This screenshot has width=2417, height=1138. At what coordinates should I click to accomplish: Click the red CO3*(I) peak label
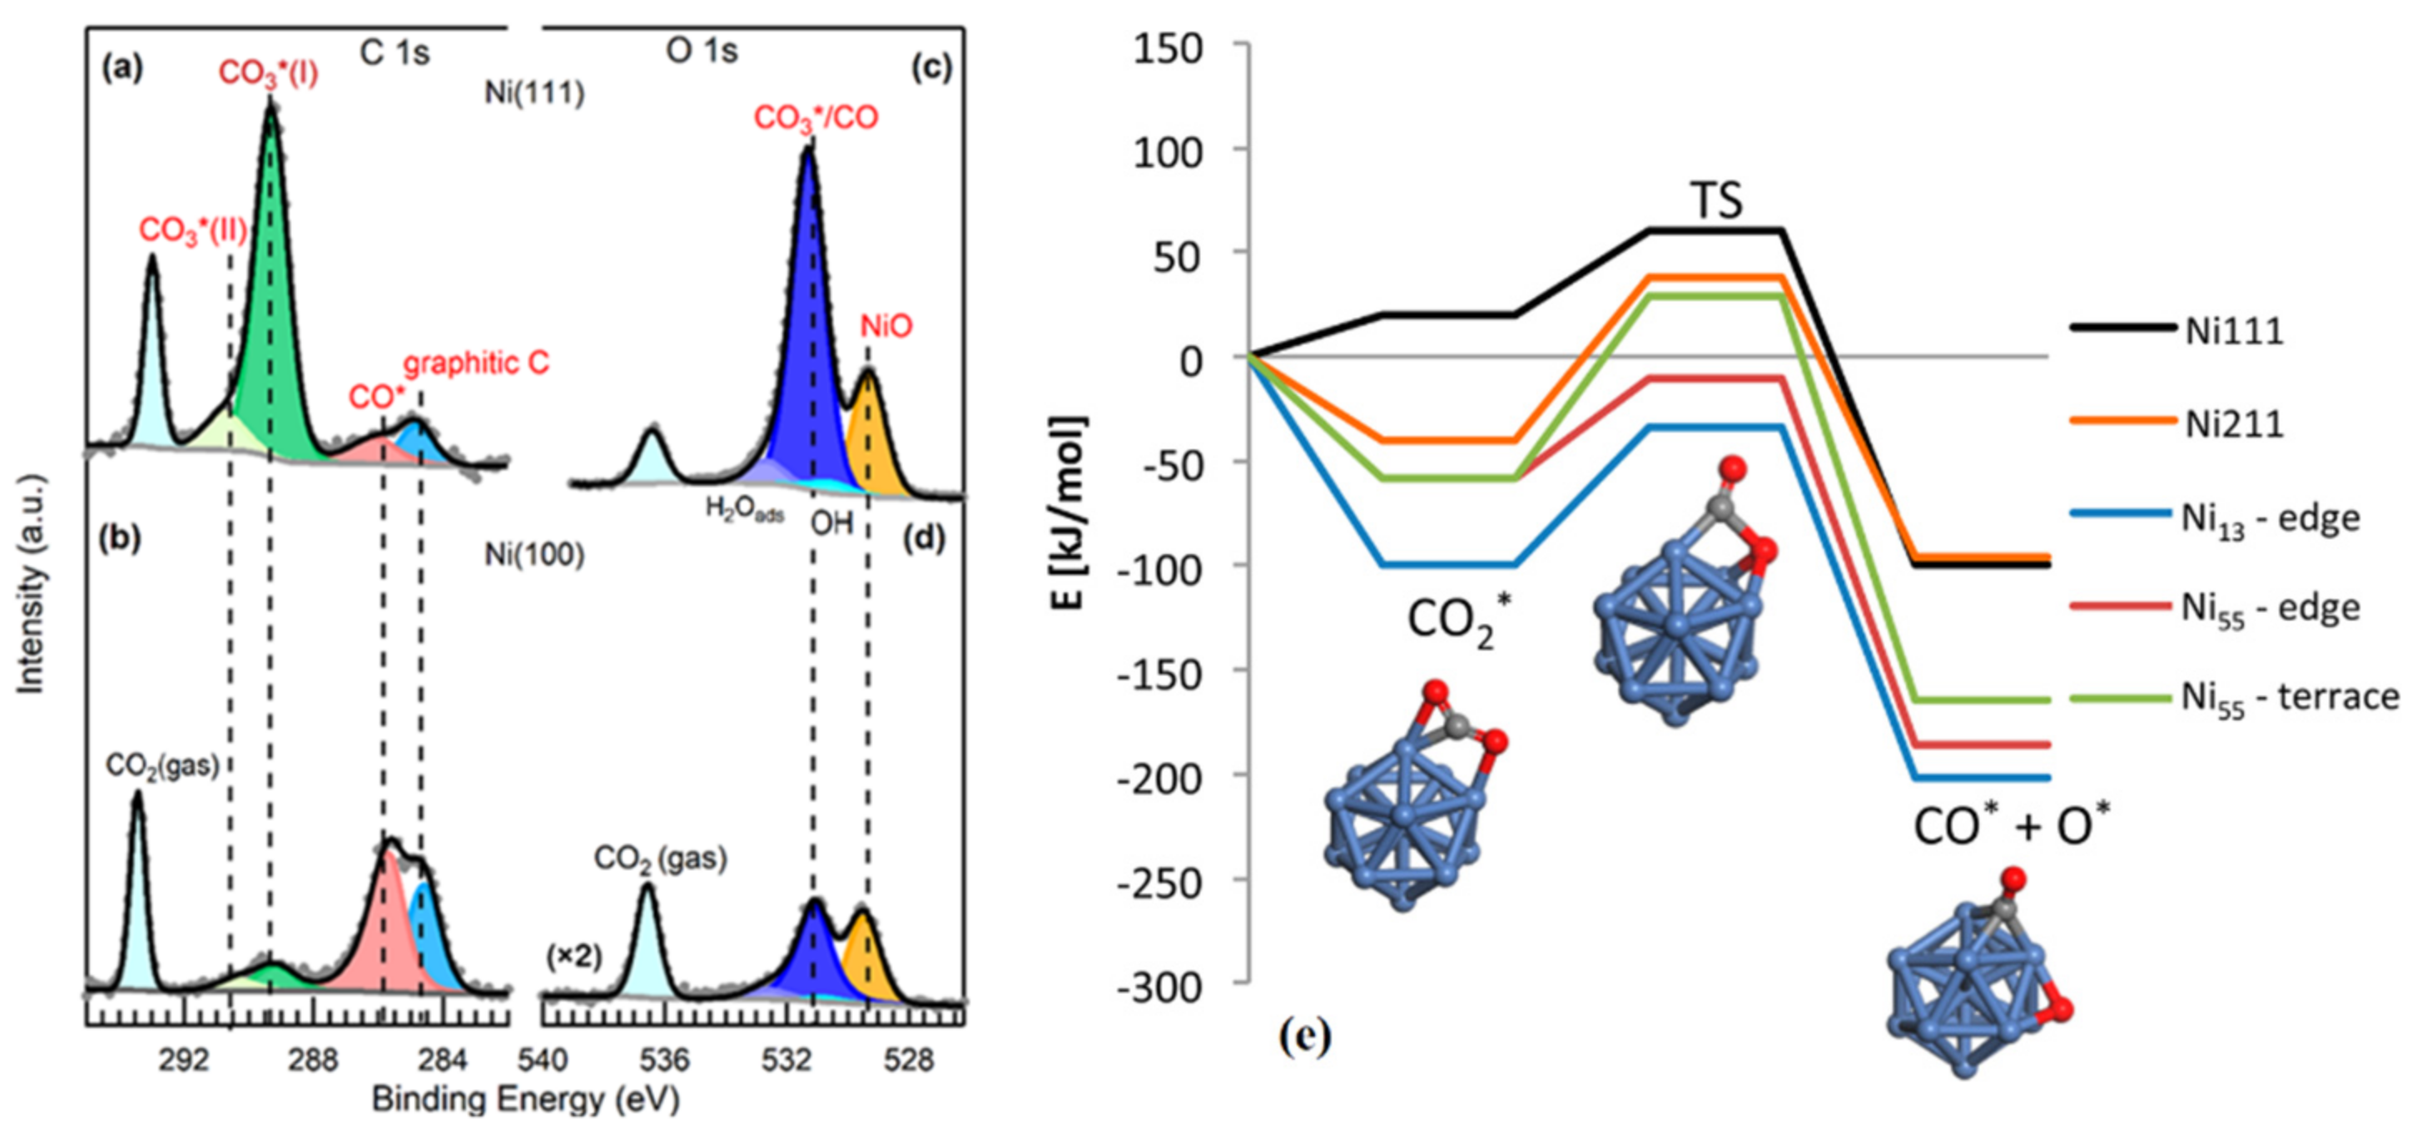[267, 73]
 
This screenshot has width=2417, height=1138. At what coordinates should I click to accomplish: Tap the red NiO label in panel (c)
[886, 326]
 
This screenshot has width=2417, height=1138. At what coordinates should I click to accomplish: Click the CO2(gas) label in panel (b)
[161, 765]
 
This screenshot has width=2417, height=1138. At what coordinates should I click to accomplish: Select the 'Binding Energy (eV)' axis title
[525, 1100]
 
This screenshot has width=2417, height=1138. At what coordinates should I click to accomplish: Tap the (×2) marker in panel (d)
[573, 957]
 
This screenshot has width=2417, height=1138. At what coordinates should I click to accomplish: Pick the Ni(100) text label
[534, 556]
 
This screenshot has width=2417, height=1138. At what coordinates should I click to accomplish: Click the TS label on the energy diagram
[1716, 200]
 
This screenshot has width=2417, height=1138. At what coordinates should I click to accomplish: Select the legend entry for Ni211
[2233, 424]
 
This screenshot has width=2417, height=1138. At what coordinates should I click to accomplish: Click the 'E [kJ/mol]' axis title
[1067, 512]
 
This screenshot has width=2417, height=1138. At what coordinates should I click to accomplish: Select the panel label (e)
[1304, 1036]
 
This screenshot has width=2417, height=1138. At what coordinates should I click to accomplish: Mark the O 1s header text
[702, 51]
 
